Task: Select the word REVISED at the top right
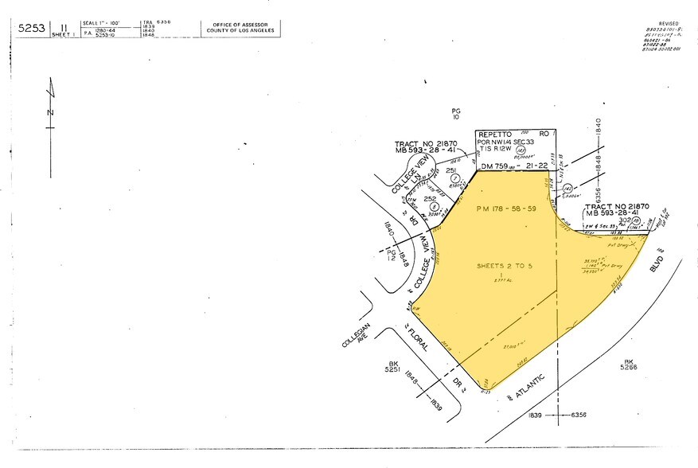668,25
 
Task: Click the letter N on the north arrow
50,112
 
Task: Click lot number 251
450,170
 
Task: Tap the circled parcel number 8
435,205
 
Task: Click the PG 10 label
456,114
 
